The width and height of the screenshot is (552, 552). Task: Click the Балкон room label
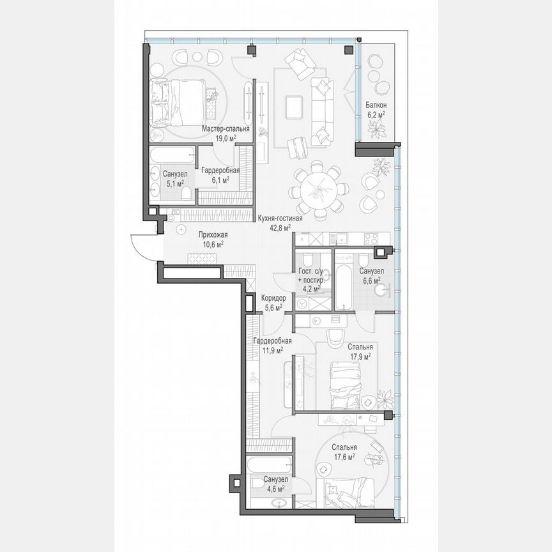pos(376,105)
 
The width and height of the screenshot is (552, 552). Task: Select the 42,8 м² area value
pos(279,226)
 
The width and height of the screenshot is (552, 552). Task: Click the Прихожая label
pos(212,235)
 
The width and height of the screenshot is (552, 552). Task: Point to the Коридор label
pos(273,298)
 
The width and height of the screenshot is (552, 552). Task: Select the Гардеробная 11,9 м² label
pos(272,341)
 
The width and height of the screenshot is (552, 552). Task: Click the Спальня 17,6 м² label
pos(344,448)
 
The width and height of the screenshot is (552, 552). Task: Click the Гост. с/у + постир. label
pos(312,276)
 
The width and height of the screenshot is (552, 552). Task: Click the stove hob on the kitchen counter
pos(371,238)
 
